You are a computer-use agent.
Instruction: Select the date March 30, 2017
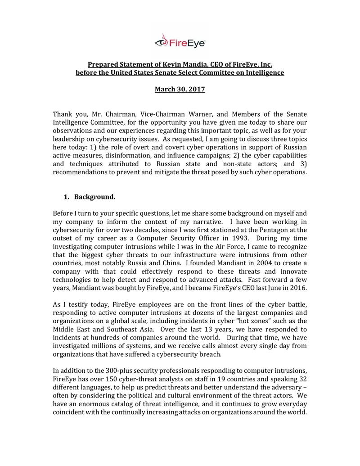pyautogui.click(x=180, y=90)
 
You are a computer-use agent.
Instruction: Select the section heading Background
pyautogui.click(x=94, y=197)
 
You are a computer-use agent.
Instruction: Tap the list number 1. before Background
pyautogui.click(x=67, y=197)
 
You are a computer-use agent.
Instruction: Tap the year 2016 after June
pyautogui.click(x=297, y=287)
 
